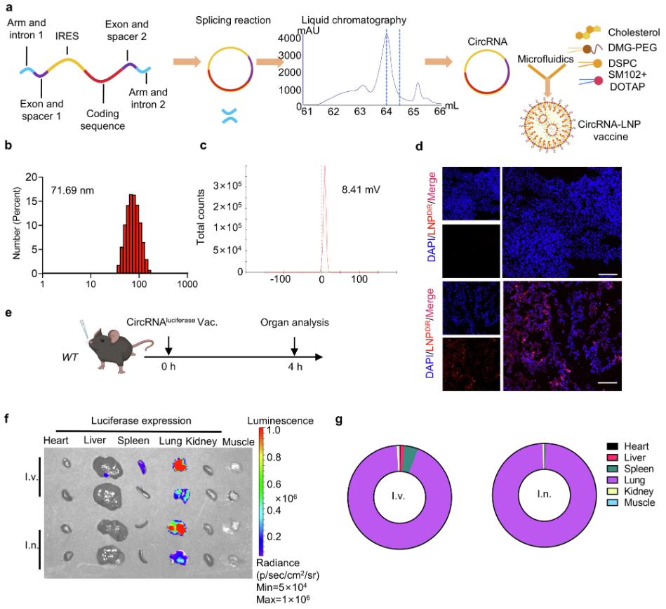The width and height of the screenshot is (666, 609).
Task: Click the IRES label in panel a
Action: pos(67,36)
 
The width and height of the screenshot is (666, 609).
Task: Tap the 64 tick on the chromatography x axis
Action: pos(386,112)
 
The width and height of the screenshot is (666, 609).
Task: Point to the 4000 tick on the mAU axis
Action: pos(289,38)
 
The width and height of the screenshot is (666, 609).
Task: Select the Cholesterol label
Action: pos(634,32)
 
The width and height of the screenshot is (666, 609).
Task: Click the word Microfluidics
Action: pos(545,59)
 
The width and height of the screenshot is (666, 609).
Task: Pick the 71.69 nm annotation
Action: pos(72,190)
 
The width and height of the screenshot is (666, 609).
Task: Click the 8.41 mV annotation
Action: pos(361,189)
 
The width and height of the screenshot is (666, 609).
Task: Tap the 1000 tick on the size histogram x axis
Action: pos(187,284)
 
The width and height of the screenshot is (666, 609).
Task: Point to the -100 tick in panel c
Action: pos(280,279)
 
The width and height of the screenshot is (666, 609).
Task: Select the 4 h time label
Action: pos(295,366)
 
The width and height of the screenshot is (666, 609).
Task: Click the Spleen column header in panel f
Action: pos(133,441)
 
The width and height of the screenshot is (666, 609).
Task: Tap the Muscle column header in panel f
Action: pos(239,442)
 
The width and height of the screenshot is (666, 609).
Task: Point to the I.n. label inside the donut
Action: pos(544,495)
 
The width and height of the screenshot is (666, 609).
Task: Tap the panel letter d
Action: pos(419,147)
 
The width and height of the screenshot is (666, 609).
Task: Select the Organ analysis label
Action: pos(294,323)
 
